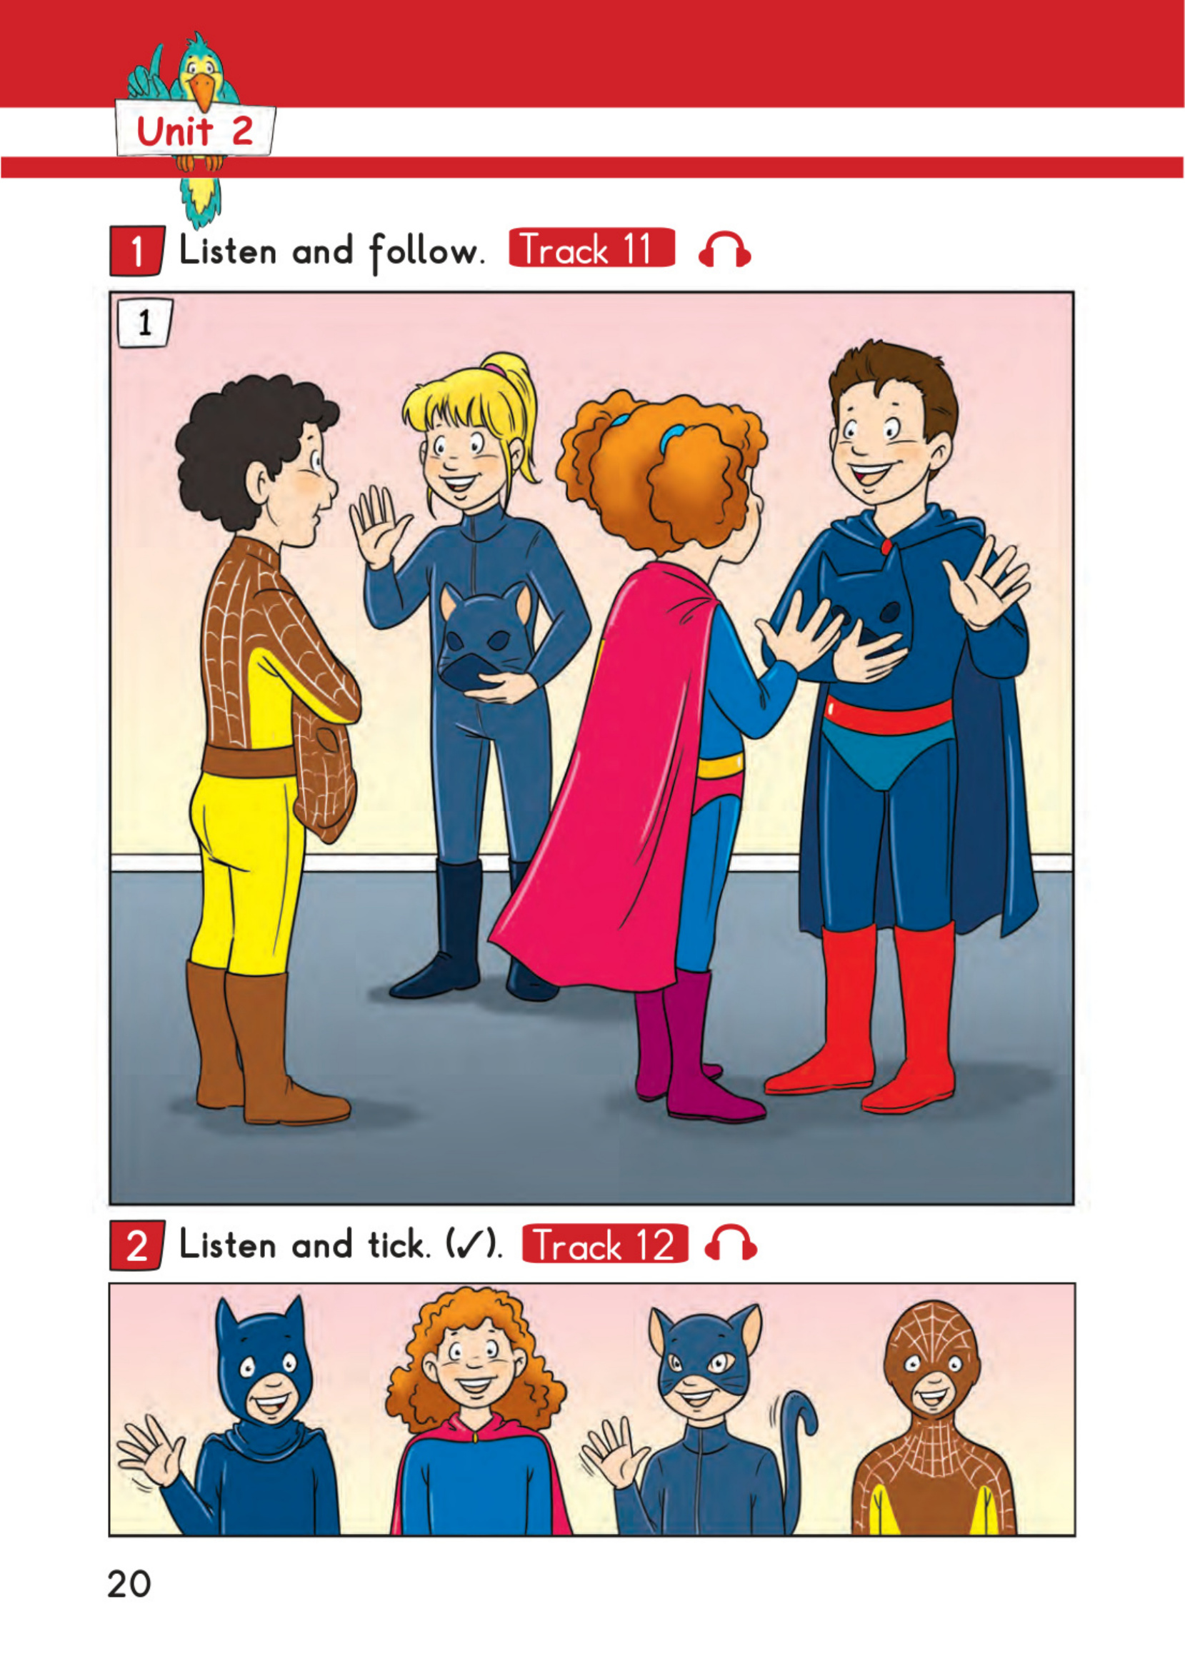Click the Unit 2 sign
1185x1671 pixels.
pos(195,131)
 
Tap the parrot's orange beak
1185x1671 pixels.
pos(201,91)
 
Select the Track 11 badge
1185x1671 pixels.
pos(591,248)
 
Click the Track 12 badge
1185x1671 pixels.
pos(605,1243)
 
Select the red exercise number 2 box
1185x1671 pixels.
pos(136,1245)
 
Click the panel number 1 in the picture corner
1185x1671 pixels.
pos(144,322)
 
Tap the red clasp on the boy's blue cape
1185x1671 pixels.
pos(886,546)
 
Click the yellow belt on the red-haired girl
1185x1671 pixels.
pos(719,766)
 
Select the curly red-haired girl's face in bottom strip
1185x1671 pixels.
pos(475,1365)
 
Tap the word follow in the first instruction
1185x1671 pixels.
pos(426,251)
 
